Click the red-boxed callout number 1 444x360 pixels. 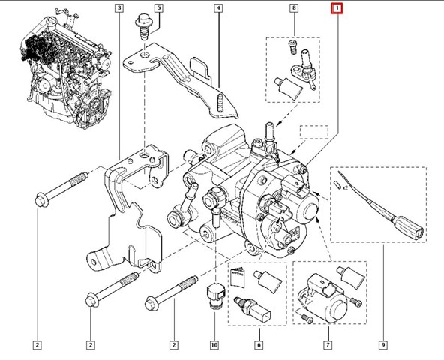coord(337,9)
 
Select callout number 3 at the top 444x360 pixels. coord(119,9)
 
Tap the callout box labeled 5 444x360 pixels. coord(158,9)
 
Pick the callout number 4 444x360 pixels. coord(217,9)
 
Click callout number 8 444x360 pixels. coord(293,9)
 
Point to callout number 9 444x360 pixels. coord(382,345)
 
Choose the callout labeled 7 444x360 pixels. coord(327,345)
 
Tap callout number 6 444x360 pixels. coord(258,345)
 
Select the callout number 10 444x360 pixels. coord(214,345)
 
